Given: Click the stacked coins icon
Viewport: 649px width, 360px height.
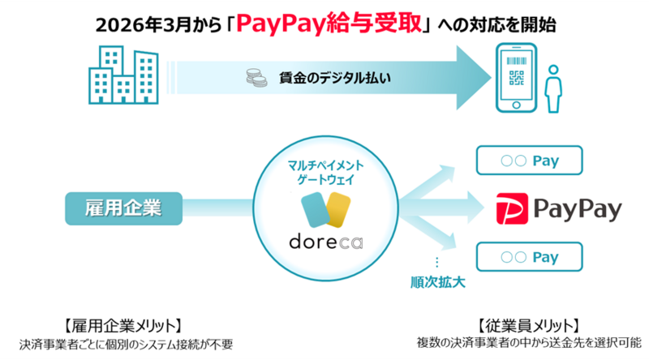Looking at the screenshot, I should (253, 79).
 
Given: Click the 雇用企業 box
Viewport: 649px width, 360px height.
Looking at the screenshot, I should (122, 208).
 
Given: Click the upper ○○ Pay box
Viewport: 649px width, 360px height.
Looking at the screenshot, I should (529, 161).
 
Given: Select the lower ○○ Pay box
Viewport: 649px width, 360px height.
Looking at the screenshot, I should (529, 258).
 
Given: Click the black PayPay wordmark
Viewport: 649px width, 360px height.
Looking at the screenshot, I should (582, 209).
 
